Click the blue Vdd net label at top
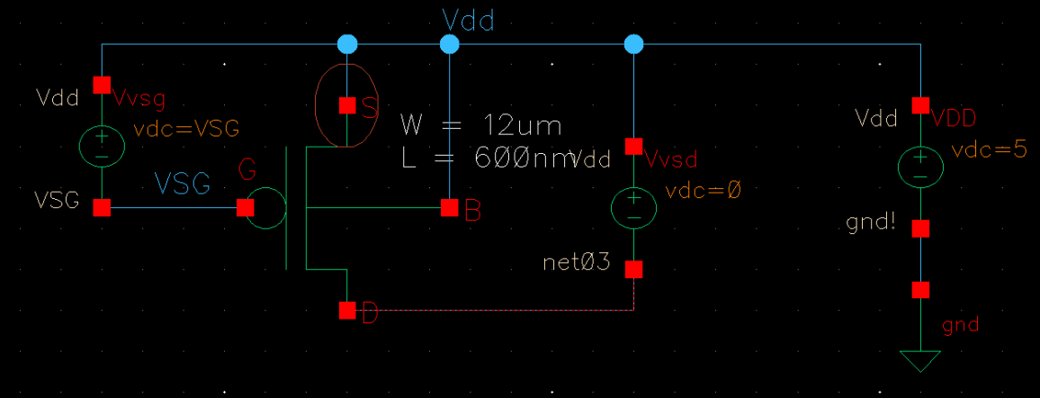(x=468, y=21)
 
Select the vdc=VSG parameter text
(x=186, y=128)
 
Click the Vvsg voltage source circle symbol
(x=102, y=145)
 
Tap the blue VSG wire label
(x=183, y=185)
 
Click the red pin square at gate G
(x=245, y=208)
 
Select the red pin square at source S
(x=347, y=105)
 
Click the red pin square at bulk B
(x=450, y=208)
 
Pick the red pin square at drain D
(x=347, y=311)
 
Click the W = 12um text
(x=480, y=124)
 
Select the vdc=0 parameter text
(x=703, y=191)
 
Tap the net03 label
(x=578, y=264)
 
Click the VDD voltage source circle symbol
(x=919, y=167)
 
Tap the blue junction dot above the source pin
(x=347, y=44)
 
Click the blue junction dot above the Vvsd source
(x=634, y=44)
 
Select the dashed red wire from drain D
(x=495, y=311)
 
